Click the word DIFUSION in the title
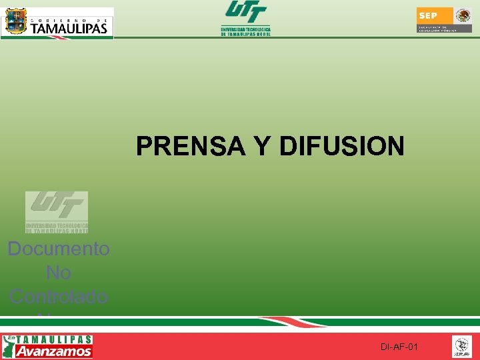[x=342, y=146]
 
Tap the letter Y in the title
[x=263, y=146]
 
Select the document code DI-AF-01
[x=399, y=347]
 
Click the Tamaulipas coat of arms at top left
[x=15, y=22]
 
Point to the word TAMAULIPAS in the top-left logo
[x=69, y=29]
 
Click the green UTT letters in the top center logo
[x=245, y=13]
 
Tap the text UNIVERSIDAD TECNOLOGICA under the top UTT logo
[x=245, y=29]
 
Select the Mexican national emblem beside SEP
[x=463, y=15]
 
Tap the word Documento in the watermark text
[x=59, y=249]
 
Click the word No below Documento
[x=59, y=273]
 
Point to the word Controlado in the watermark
[x=59, y=296]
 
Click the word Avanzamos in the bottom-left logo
[x=54, y=351]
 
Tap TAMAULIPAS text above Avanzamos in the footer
[x=55, y=339]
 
